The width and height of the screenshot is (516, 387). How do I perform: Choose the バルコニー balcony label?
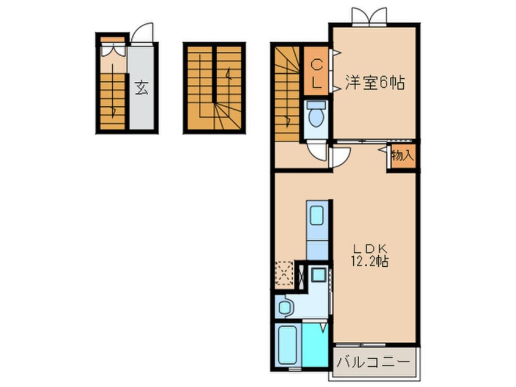373,362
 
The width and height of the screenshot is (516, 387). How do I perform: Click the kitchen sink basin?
317,216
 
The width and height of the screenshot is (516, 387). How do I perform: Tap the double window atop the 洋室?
370,15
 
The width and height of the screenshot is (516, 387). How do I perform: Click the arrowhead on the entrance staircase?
114,110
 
